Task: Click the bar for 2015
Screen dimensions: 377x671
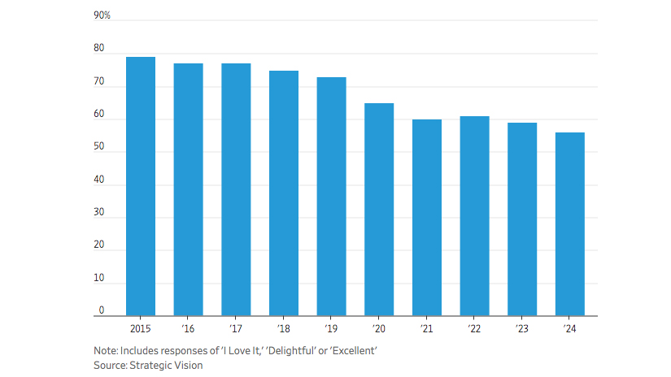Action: pyautogui.click(x=141, y=186)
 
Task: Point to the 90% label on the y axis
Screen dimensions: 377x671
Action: pyautogui.click(x=102, y=15)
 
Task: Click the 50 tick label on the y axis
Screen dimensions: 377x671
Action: pyautogui.click(x=99, y=147)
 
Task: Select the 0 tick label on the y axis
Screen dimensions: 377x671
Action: pyautogui.click(x=102, y=310)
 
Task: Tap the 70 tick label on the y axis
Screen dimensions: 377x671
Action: pyautogui.click(x=99, y=82)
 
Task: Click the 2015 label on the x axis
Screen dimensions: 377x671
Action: pyautogui.click(x=141, y=328)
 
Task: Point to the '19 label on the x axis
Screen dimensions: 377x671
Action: pyautogui.click(x=331, y=328)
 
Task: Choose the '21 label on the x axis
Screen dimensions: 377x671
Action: pyautogui.click(x=426, y=328)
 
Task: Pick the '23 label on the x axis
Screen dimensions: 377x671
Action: pyautogui.click(x=521, y=328)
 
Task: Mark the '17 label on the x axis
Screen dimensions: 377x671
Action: pyautogui.click(x=236, y=328)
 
